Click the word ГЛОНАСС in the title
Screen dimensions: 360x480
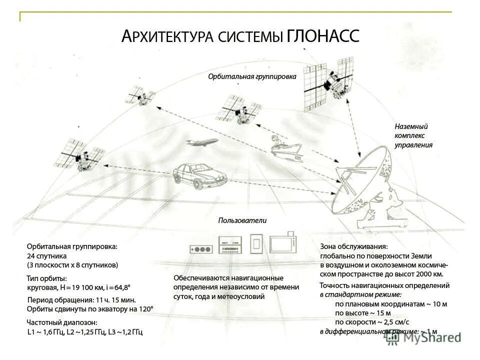[323, 36]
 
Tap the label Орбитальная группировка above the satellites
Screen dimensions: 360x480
[252, 76]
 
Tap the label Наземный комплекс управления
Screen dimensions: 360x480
[413, 136]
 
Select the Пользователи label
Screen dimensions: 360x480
[242, 220]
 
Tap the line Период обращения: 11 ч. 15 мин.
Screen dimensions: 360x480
[81, 299]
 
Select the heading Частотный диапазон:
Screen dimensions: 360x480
[61, 322]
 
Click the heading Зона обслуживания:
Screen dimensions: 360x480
[353, 246]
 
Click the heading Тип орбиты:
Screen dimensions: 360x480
[46, 278]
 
